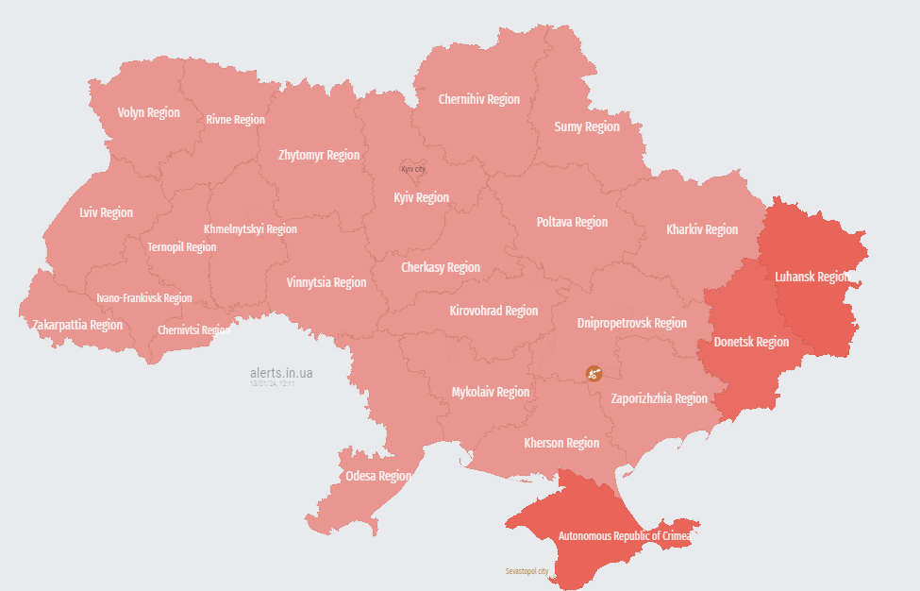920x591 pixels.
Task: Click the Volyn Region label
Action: tap(148, 112)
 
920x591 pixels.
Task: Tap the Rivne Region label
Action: tap(235, 120)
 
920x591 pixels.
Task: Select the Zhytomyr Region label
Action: tap(319, 155)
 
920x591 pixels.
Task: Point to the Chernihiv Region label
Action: tap(478, 99)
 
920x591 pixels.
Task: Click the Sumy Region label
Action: tap(586, 127)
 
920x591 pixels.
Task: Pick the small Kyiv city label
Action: tap(413, 169)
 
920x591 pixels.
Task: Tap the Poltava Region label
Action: tap(572, 222)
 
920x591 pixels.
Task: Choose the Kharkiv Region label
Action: tap(702, 229)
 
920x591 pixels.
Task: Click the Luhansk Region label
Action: tap(811, 277)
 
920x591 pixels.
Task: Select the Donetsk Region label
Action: tap(750, 342)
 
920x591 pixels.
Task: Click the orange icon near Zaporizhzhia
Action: tap(594, 373)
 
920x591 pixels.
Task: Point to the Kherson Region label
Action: tap(561, 443)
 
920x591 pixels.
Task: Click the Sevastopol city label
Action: tap(527, 571)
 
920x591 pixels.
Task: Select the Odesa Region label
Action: tap(377, 476)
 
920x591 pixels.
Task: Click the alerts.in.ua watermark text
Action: tap(281, 374)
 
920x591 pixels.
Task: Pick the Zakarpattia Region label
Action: tap(77, 325)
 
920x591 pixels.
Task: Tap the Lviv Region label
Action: tap(106, 212)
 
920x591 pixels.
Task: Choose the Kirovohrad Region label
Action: tap(493, 311)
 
